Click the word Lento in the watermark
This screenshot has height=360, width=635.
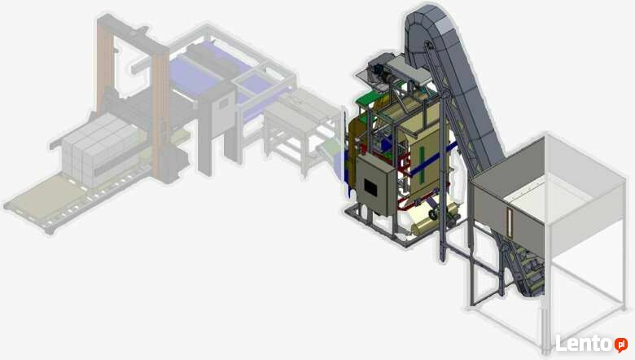coord(584,344)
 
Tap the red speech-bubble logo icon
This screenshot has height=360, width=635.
coord(620,345)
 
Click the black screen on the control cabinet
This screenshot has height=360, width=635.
coord(370,187)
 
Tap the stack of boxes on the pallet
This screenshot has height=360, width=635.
coord(100,149)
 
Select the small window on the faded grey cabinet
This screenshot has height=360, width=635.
coord(223,103)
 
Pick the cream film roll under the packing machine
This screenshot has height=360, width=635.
coord(432,221)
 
